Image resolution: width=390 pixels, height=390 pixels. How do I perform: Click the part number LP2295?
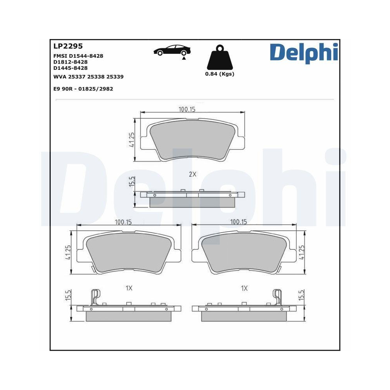point(68,46)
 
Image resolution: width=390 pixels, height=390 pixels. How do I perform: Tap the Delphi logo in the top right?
point(303,52)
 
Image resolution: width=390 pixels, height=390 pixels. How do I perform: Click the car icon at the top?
point(172,51)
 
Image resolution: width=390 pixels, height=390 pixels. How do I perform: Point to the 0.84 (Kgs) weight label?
point(220,74)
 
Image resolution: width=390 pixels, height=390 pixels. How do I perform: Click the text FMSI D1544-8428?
point(78,56)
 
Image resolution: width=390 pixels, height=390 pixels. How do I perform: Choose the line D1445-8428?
point(70,68)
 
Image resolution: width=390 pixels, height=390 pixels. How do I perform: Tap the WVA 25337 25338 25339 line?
point(88,77)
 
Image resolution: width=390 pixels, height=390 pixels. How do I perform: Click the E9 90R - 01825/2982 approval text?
point(83,89)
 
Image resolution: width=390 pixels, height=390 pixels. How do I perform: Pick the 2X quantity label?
point(193,174)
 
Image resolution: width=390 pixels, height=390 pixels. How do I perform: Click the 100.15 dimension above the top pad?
point(187,110)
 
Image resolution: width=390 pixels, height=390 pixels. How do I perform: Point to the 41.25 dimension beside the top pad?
point(132,140)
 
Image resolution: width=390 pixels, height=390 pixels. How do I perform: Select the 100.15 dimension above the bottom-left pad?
point(123,222)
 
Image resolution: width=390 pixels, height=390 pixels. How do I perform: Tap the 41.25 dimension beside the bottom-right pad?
point(301,252)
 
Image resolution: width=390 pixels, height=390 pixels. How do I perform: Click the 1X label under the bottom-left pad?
point(129,288)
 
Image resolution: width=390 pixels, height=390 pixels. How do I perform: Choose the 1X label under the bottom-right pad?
point(245,288)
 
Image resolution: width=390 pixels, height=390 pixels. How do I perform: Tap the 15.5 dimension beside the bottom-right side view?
point(301,295)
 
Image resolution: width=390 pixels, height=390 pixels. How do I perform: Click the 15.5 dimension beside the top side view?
point(132,181)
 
